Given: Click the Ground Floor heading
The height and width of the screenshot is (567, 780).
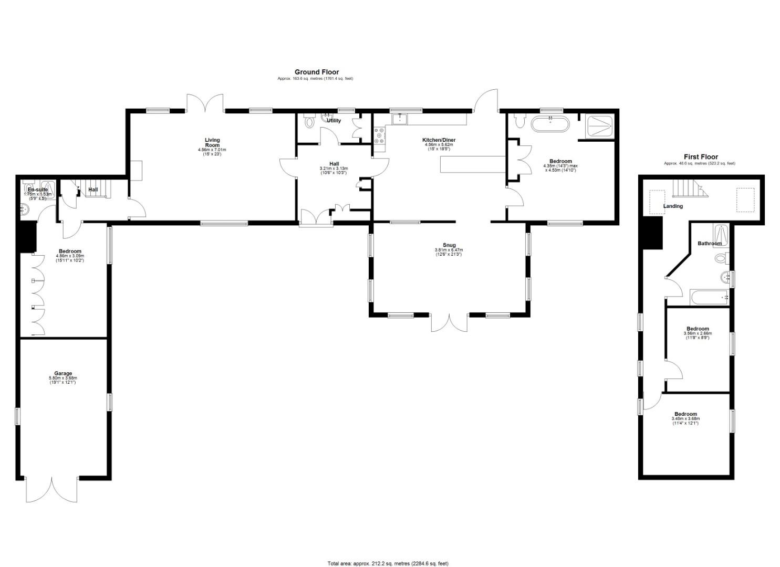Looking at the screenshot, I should (316, 72).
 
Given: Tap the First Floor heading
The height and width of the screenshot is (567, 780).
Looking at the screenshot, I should (700, 157).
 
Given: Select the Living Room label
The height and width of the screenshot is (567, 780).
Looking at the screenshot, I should (212, 143).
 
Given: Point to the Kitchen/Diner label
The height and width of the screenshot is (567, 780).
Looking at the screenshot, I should (439, 140).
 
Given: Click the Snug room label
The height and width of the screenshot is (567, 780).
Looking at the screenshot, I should (449, 245).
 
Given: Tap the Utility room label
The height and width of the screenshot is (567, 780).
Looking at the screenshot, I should (334, 121).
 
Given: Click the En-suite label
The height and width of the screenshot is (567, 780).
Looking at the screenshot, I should (38, 190).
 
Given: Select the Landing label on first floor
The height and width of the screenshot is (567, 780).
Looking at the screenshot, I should (673, 206).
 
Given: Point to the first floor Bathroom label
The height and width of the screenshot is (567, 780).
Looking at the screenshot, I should (709, 244).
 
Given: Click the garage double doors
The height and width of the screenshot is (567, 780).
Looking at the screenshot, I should (52, 490).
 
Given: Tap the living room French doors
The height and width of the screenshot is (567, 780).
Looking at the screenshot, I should (205, 102).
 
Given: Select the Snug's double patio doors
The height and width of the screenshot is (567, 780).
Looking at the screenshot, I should (449, 323).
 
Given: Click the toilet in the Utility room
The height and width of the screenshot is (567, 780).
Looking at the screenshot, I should (309, 122).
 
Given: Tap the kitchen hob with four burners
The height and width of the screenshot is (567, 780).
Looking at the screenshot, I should (379, 135).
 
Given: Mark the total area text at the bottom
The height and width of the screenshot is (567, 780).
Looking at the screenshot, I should (388, 563).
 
